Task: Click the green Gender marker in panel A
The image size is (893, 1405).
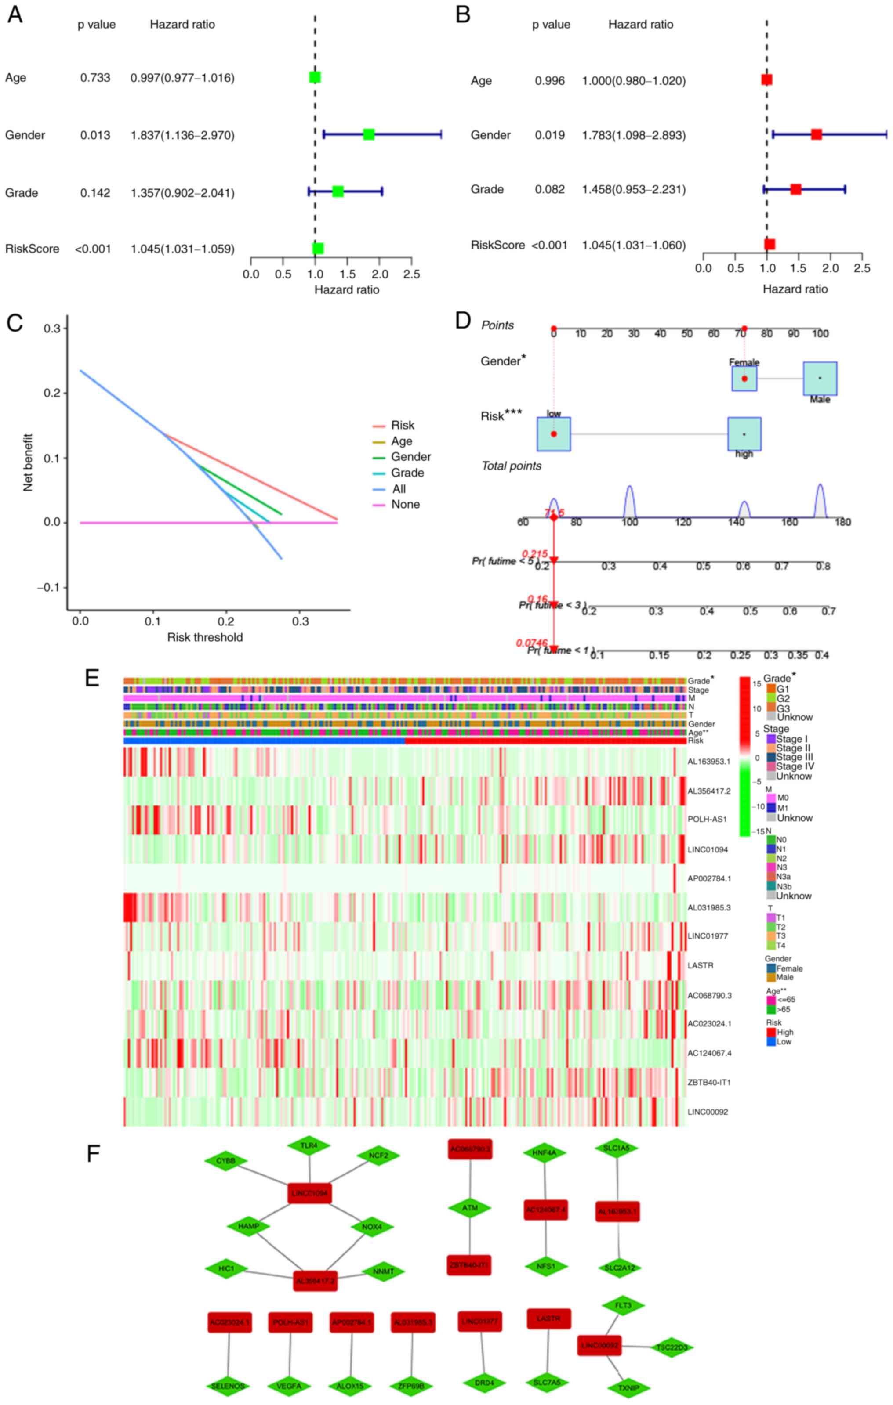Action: (368, 135)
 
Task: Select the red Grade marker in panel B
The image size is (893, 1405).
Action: (795, 189)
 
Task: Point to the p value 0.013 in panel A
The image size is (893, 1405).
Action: (95, 135)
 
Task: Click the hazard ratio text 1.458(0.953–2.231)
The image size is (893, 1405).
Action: (633, 190)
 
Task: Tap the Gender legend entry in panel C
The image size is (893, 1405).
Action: (410, 457)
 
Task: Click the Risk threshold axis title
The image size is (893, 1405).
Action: (205, 637)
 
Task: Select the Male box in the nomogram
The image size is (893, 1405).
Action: (820, 378)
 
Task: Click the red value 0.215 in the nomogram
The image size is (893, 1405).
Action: (535, 554)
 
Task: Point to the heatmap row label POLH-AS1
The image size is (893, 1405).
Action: (707, 819)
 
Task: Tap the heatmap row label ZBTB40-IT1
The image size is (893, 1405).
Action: (708, 1082)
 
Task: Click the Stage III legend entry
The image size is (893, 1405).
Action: (795, 757)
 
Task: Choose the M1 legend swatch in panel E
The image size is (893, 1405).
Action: (771, 808)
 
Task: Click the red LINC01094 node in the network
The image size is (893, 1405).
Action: (309, 1194)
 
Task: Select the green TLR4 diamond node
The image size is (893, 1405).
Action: (309, 1146)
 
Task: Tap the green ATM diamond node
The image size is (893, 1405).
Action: (470, 1208)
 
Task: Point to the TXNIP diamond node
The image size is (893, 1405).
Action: (628, 1387)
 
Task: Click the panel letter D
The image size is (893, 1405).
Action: (463, 320)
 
